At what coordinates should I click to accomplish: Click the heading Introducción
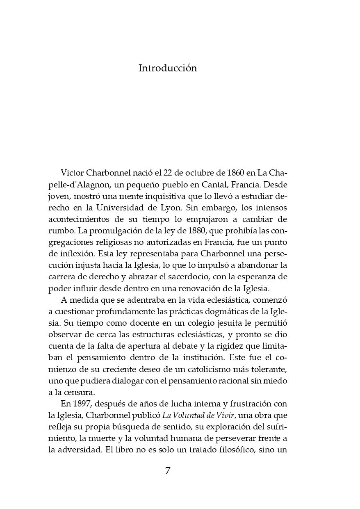(168, 68)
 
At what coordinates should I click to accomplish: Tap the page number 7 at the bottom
(167, 471)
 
